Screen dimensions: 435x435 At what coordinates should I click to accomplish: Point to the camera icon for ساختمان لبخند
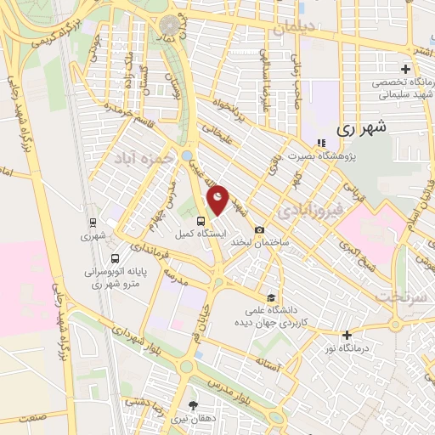point(259,229)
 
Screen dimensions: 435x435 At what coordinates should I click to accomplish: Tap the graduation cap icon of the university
point(270,297)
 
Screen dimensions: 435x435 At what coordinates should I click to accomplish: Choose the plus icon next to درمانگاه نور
point(347,335)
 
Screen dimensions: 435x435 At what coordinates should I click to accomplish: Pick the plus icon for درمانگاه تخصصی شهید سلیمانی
point(406,70)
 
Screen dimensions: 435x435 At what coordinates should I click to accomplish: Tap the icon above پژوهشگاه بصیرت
point(320,143)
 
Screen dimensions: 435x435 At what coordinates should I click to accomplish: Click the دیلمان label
point(293,27)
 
